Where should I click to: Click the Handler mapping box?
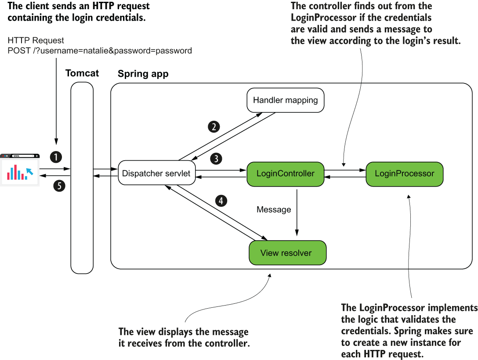286,100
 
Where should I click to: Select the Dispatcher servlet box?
156,173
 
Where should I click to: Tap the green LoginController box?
286,173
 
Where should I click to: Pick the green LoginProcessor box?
404,173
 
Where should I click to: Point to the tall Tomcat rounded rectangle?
82,177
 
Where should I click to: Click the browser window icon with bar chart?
20,170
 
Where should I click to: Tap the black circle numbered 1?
56,156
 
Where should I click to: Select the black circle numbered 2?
214,127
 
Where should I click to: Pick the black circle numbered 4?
221,201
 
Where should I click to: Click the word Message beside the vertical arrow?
274,209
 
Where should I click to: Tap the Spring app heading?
143,74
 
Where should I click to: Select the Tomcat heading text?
82,73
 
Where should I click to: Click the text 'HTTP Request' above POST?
36,40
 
